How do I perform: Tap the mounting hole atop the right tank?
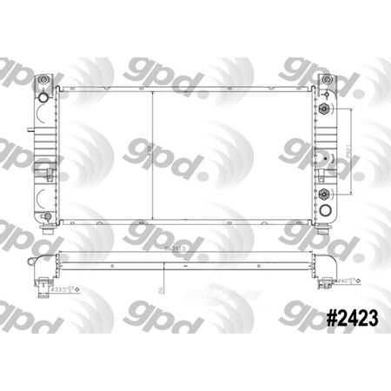click(326, 80)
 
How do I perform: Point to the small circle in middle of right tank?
click(323, 156)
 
